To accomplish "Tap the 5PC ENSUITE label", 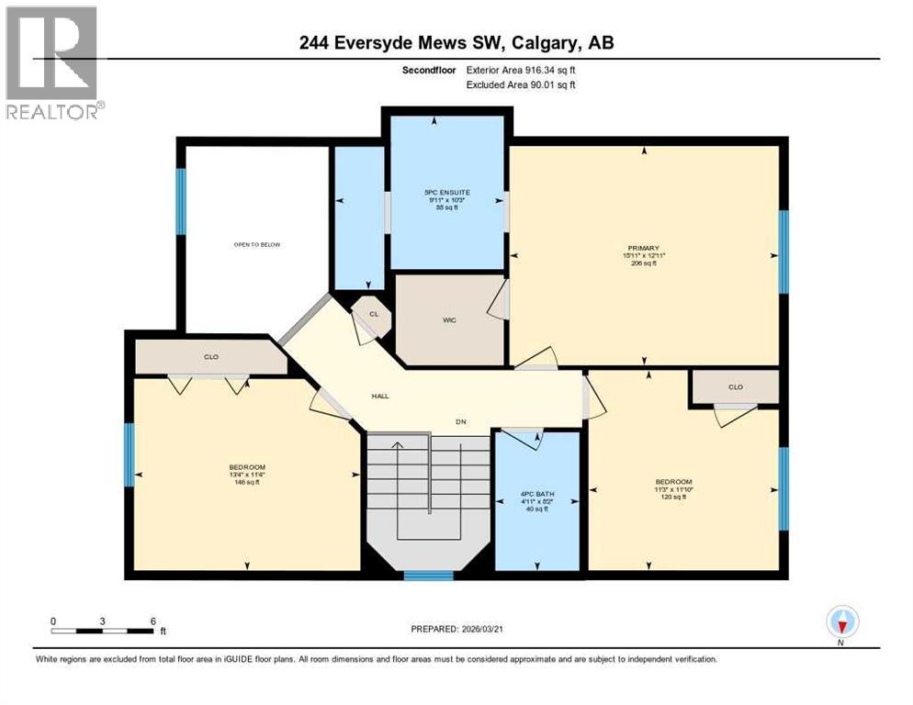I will pos(447,192).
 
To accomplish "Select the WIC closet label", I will pos(449,319).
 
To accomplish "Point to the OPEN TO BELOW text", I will pos(256,245).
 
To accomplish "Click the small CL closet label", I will pos(373,313).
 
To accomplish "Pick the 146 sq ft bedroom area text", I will pos(246,483).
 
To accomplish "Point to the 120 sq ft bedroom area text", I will pos(673,498).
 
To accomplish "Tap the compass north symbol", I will pos(840,623).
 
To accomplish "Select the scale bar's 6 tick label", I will pos(152,621).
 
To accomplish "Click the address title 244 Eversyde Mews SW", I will pos(419,42).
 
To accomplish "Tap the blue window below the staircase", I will pos(429,576).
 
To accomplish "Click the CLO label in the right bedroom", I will pos(735,386).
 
